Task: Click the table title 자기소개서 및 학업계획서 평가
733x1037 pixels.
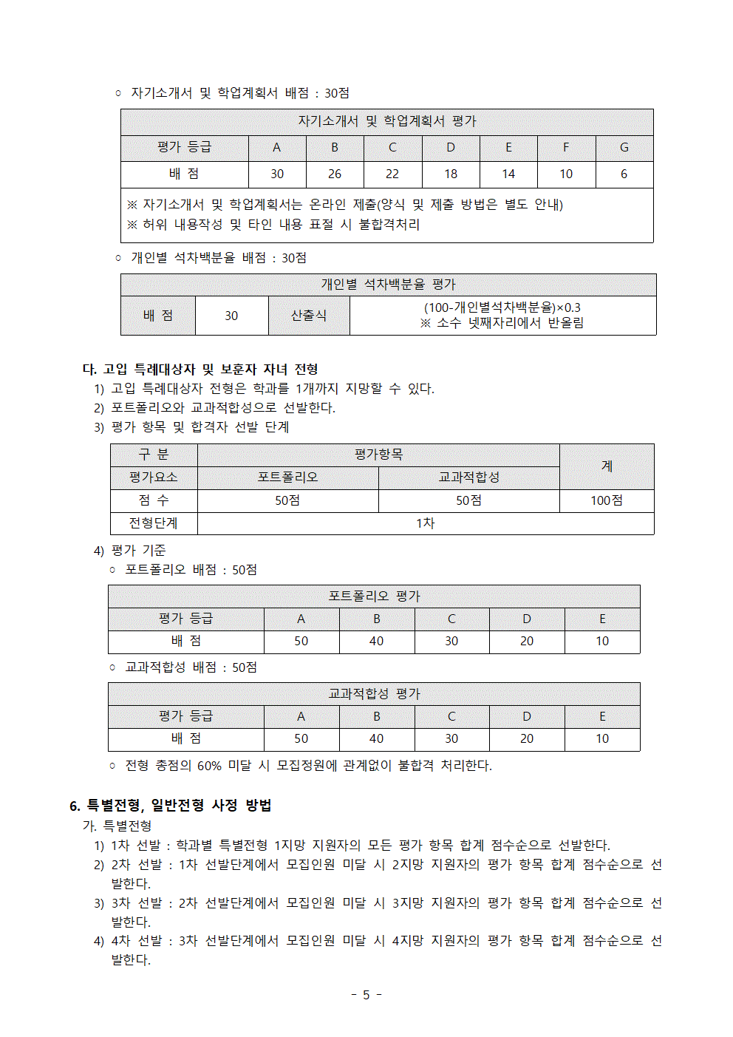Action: (386, 121)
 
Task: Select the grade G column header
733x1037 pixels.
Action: (624, 148)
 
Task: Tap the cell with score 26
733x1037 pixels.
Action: (335, 174)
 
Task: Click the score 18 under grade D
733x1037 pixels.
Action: (451, 174)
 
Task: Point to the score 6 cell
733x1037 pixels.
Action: (624, 174)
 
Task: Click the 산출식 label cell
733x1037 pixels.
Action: (309, 316)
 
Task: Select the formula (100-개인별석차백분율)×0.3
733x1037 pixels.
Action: (502, 307)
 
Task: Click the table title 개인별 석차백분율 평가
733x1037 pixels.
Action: (388, 285)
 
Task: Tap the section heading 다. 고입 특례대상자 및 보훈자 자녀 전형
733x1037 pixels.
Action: (200, 369)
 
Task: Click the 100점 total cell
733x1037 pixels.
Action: (606, 500)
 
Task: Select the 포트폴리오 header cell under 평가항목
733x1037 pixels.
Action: (287, 477)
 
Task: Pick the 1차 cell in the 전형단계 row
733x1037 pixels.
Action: (425, 523)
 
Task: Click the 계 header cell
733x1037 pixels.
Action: (607, 466)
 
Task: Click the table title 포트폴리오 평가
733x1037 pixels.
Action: (374, 596)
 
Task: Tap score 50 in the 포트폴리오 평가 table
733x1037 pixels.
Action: (301, 642)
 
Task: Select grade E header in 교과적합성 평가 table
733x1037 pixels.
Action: (602, 716)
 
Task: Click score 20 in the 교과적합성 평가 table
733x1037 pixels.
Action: (526, 738)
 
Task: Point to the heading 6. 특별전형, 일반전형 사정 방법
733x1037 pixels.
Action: (171, 806)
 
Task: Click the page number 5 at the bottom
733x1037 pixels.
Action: (366, 995)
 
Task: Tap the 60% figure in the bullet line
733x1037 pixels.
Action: (209, 766)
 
